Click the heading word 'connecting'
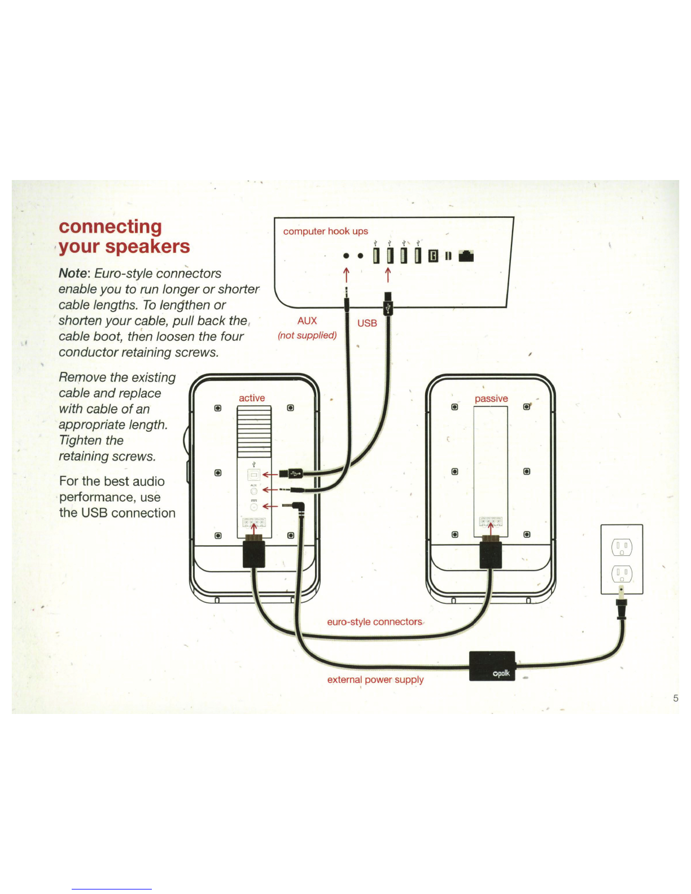coord(110,227)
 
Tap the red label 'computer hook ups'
coord(325,231)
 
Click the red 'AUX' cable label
coord(307,321)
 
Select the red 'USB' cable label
coord(367,323)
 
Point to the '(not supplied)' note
coord(307,335)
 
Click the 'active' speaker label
coord(252,398)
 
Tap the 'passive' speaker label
coord(491,398)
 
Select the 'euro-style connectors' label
coord(374,621)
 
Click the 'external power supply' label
coord(375,679)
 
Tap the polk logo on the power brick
coord(501,673)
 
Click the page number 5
coord(675,698)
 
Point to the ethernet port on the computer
coord(466,256)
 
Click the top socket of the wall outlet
coord(622,547)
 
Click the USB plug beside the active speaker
coord(291,474)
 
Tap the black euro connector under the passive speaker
coord(491,553)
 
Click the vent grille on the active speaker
coord(254,432)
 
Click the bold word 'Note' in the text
coord(73,273)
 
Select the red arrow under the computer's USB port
coord(388,275)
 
